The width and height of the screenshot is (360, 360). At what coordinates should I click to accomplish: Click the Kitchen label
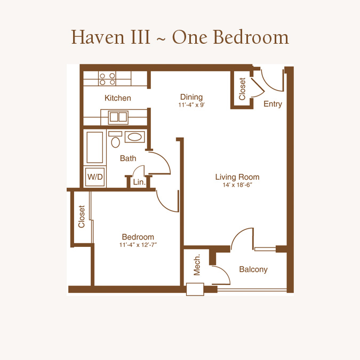(x=118, y=98)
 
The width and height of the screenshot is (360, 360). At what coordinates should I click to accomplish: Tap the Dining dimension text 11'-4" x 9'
(x=191, y=105)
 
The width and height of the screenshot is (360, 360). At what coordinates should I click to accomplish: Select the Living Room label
(x=237, y=177)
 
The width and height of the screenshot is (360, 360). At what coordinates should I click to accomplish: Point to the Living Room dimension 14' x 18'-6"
(x=237, y=185)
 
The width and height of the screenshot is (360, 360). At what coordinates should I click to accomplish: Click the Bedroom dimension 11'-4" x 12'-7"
(x=138, y=245)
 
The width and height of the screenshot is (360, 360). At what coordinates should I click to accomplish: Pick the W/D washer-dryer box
(x=95, y=177)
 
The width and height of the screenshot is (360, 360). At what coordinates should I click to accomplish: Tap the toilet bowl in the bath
(x=115, y=140)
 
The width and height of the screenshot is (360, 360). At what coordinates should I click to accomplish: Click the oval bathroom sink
(x=135, y=137)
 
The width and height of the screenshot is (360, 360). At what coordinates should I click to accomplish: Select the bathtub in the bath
(x=94, y=147)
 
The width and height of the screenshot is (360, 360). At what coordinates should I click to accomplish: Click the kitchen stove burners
(x=107, y=78)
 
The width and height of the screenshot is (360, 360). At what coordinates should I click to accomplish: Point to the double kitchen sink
(x=118, y=117)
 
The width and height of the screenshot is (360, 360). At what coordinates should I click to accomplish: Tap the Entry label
(x=273, y=104)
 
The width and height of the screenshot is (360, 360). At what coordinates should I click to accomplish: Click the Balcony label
(x=253, y=269)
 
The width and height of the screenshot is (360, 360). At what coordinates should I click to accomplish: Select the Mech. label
(x=197, y=265)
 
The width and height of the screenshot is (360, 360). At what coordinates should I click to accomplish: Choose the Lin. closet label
(x=139, y=182)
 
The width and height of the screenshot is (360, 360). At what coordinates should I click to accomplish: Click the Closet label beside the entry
(x=242, y=89)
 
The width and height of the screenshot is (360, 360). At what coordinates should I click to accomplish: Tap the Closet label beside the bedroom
(x=82, y=217)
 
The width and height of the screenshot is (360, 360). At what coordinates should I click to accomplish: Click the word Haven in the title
(x=98, y=37)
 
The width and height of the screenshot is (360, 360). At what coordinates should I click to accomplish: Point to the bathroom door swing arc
(x=164, y=159)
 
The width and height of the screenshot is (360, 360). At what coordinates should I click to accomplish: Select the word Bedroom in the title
(x=251, y=37)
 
